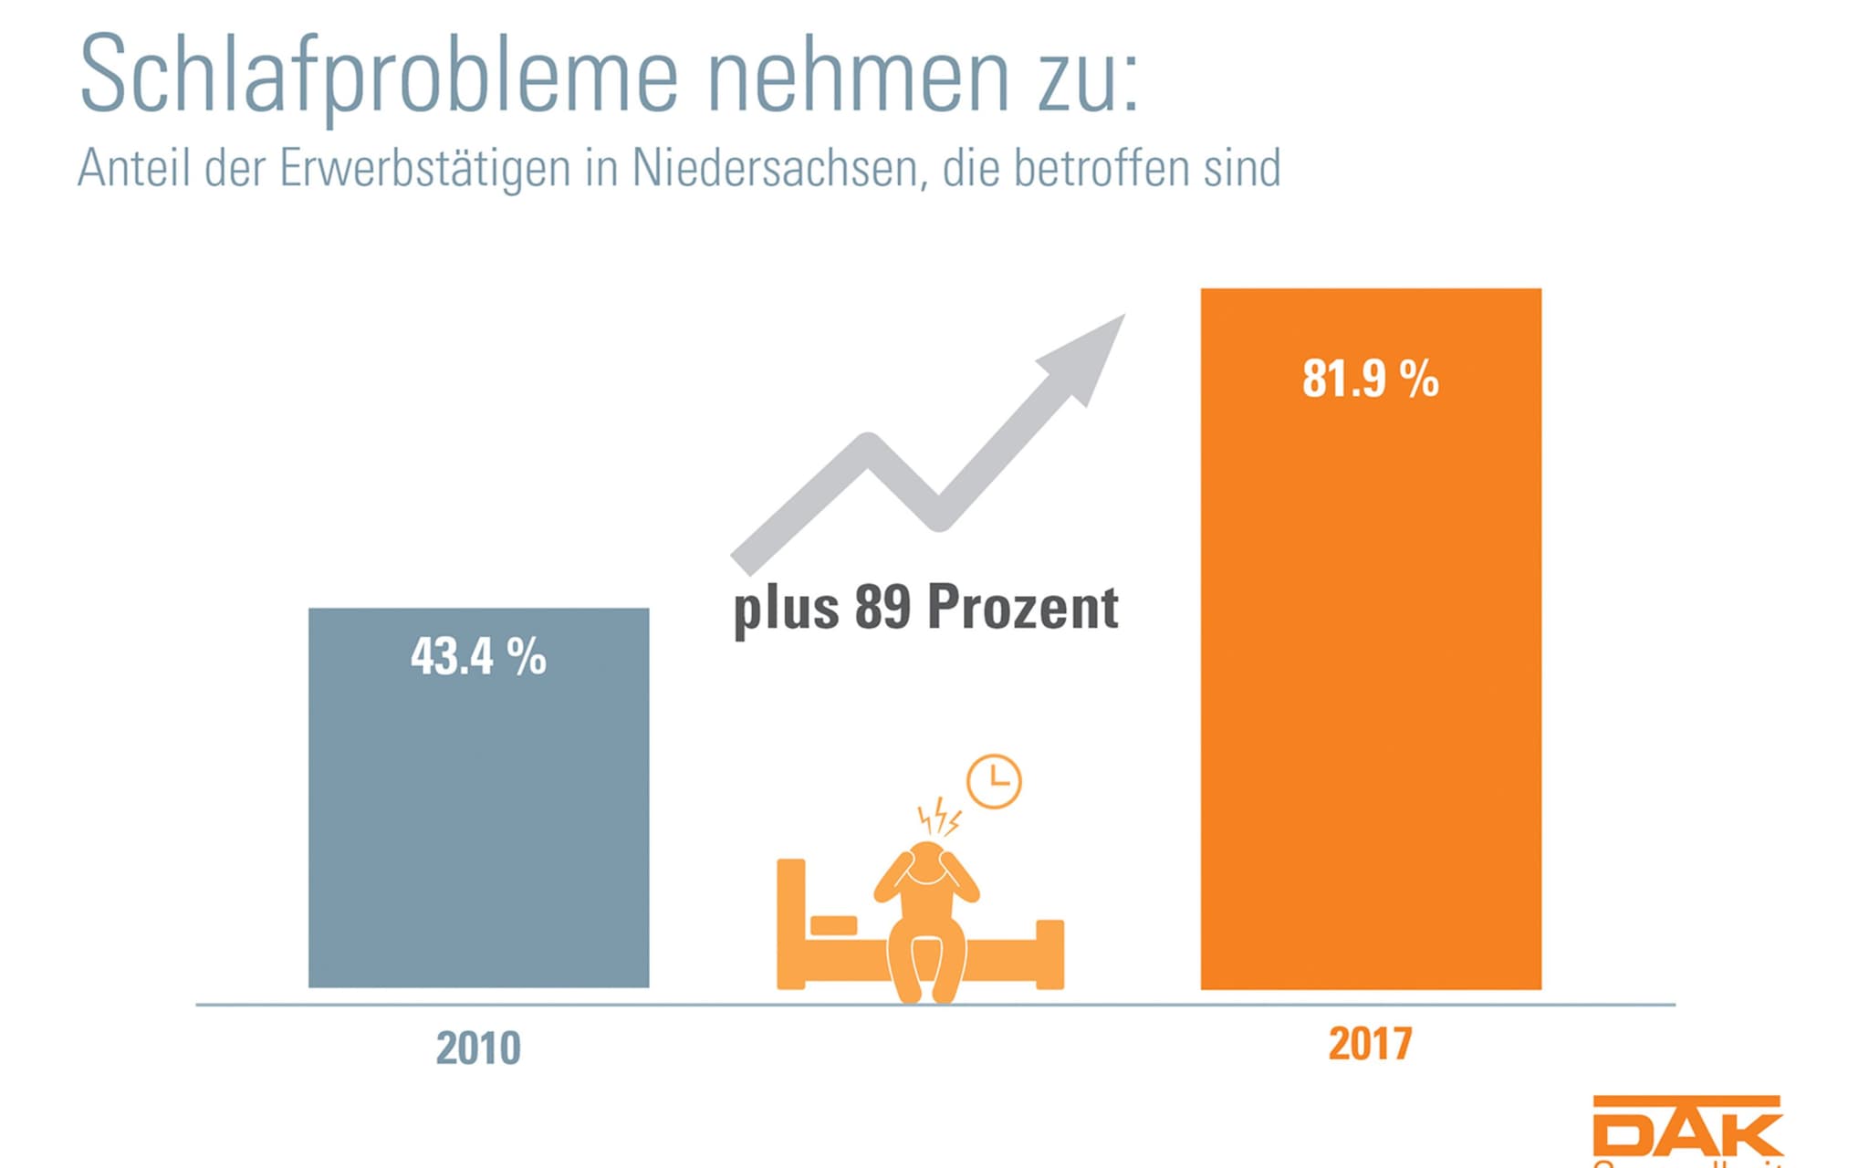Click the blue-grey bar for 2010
point(478,821)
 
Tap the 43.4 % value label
point(478,656)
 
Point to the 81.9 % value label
point(1370,379)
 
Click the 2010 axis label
point(478,1048)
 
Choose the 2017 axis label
point(1370,1043)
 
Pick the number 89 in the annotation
point(882,608)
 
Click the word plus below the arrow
point(786,610)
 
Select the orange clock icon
point(994,781)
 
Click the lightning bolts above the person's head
point(938,817)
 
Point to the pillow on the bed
point(833,925)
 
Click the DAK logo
point(1686,1128)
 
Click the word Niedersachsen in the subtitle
point(776,169)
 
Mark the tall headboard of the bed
point(790,922)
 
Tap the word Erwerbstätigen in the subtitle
point(425,169)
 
